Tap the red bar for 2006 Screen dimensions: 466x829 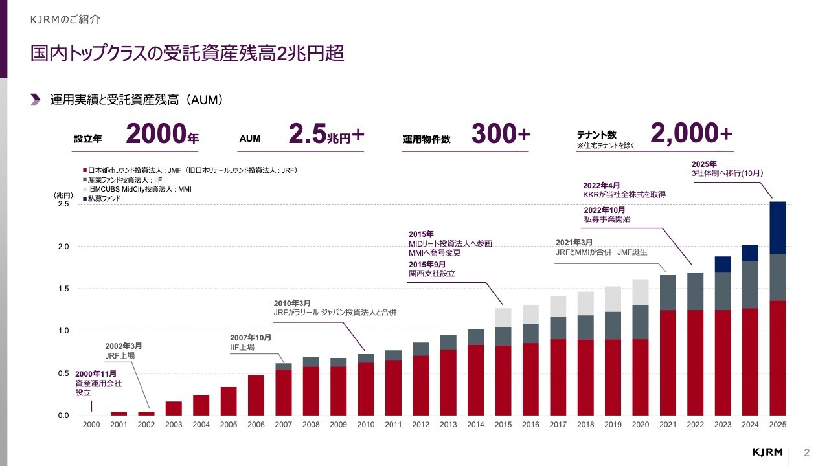pyautogui.click(x=256, y=395)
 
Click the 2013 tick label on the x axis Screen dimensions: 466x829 pyautogui.click(x=448, y=424)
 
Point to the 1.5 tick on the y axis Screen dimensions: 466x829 pyautogui.click(x=63, y=289)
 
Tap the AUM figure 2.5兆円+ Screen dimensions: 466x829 pyautogui.click(x=326, y=134)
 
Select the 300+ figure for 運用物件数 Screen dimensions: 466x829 pyautogui.click(x=501, y=134)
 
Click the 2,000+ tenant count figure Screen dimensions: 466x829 pyautogui.click(x=691, y=134)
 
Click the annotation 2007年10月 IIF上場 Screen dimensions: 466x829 pyautogui.click(x=250, y=342)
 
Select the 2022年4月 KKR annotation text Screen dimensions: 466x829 pyautogui.click(x=624, y=189)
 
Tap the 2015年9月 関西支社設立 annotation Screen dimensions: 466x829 pyautogui.click(x=432, y=269)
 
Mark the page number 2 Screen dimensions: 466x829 pyautogui.click(x=807, y=451)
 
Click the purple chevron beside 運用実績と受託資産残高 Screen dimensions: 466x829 pyautogui.click(x=35, y=100)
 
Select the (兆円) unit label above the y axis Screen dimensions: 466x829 pyautogui.click(x=64, y=195)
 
